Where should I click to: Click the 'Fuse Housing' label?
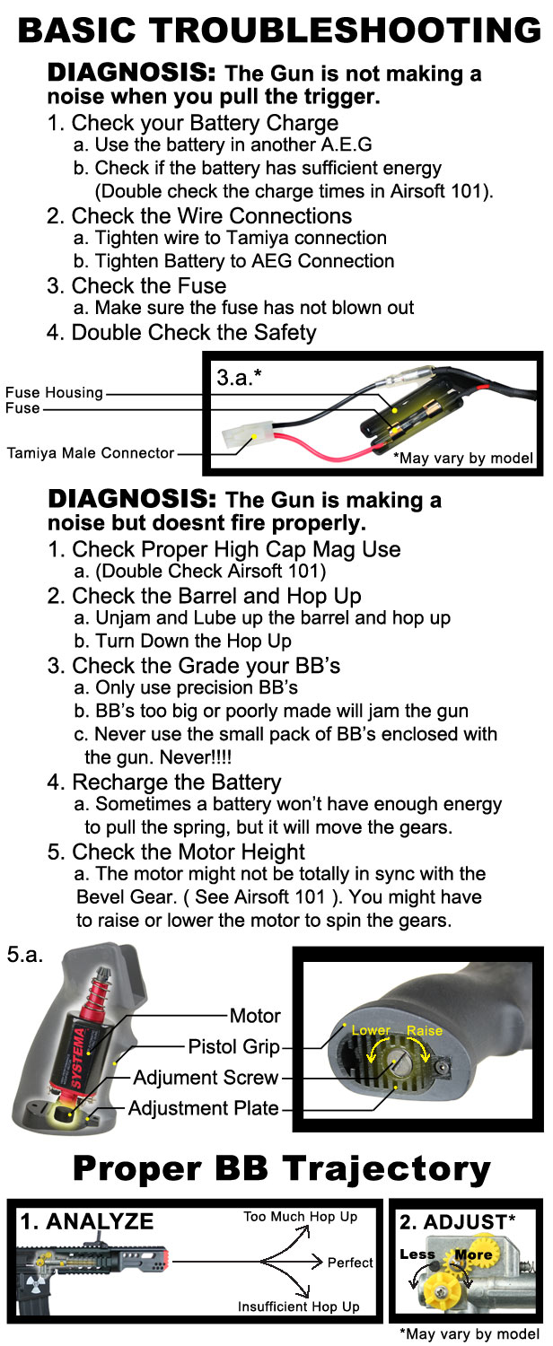point(54,393)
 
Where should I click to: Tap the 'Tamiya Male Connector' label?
point(90,453)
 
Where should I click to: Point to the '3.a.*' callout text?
point(241,379)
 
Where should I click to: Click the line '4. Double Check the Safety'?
point(181,333)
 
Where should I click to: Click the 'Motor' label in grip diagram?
point(255,1016)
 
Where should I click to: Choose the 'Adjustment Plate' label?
point(203,1107)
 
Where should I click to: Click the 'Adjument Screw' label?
point(206,1077)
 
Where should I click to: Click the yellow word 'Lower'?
point(371,1030)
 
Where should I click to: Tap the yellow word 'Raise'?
point(425,1030)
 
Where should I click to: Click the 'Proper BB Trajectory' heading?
point(281,1168)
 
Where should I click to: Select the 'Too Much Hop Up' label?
point(300,1217)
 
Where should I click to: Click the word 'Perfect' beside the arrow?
point(349,1263)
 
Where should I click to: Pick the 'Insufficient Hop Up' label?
point(298,1307)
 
